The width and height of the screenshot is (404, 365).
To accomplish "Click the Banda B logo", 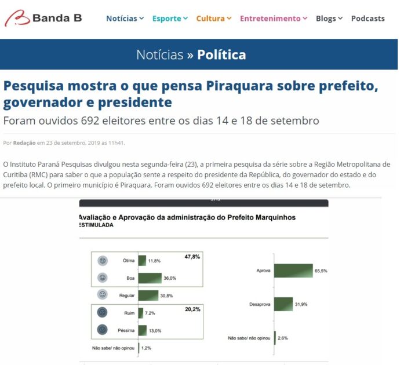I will point(43,18).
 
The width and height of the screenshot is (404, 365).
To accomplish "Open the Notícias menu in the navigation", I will point(125,19).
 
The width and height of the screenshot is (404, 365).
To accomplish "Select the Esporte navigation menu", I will point(170,19).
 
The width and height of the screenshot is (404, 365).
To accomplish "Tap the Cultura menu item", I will point(213,19).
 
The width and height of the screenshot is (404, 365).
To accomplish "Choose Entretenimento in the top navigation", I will point(274,19).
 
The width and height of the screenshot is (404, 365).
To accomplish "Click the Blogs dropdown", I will point(329,19).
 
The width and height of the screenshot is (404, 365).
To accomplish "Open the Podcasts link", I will point(367,19).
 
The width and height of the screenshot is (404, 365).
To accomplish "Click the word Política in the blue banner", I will point(221,55).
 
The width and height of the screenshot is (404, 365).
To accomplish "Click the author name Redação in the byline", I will point(24,143).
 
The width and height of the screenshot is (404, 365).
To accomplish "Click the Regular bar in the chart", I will point(148,295).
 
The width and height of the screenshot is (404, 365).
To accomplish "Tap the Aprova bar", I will point(293,271).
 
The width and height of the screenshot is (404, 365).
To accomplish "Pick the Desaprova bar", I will point(283,304).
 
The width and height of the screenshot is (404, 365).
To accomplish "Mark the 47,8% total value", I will point(192,256).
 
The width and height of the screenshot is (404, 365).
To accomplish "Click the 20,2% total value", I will point(192,309).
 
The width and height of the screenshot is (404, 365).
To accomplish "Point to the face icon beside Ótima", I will point(103,260).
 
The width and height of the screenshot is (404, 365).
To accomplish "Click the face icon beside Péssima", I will point(103,330).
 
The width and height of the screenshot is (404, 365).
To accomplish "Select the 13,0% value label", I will point(154,331).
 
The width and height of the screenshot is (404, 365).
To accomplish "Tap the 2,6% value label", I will point(283,338).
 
